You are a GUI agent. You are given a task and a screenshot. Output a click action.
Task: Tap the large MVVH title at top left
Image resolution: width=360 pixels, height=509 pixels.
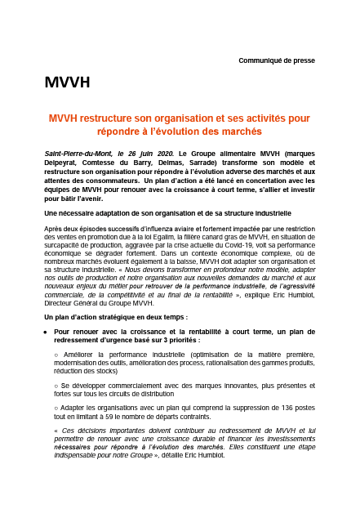pos(67,83)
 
